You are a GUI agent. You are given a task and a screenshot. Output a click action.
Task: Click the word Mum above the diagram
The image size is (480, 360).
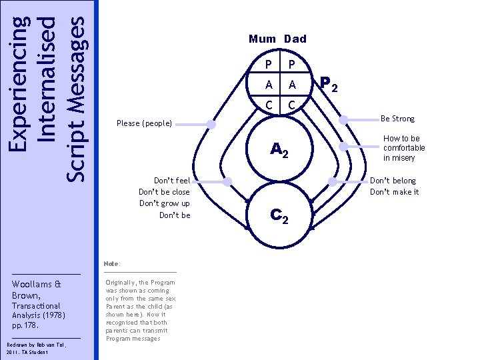(x=262, y=39)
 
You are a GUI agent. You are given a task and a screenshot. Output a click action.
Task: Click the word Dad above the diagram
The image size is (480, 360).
(x=295, y=39)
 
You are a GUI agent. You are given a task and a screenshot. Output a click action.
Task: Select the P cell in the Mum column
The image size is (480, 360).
(x=268, y=65)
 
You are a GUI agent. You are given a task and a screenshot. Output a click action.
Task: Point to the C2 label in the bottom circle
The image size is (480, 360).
(x=279, y=215)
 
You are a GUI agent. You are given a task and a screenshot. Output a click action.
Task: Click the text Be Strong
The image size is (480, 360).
(x=397, y=119)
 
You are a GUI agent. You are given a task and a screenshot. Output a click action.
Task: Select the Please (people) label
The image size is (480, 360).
(x=144, y=123)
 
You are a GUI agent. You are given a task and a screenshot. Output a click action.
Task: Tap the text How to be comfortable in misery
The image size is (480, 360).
(x=404, y=148)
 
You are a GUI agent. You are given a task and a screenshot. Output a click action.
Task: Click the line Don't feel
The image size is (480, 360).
(x=172, y=181)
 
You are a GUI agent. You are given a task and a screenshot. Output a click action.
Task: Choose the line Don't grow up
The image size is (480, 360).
(x=165, y=203)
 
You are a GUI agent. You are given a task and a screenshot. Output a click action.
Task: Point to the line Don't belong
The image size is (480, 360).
(x=393, y=181)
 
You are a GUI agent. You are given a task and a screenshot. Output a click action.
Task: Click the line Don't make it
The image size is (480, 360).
(x=395, y=192)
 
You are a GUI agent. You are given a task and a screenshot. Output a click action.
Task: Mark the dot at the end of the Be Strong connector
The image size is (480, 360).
(x=344, y=120)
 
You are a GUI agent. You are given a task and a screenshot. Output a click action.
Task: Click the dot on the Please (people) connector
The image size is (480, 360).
(x=211, y=124)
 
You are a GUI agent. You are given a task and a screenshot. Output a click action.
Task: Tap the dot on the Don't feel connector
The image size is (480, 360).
(x=227, y=181)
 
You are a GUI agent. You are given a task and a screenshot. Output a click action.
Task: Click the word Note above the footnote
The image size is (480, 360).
(x=111, y=264)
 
